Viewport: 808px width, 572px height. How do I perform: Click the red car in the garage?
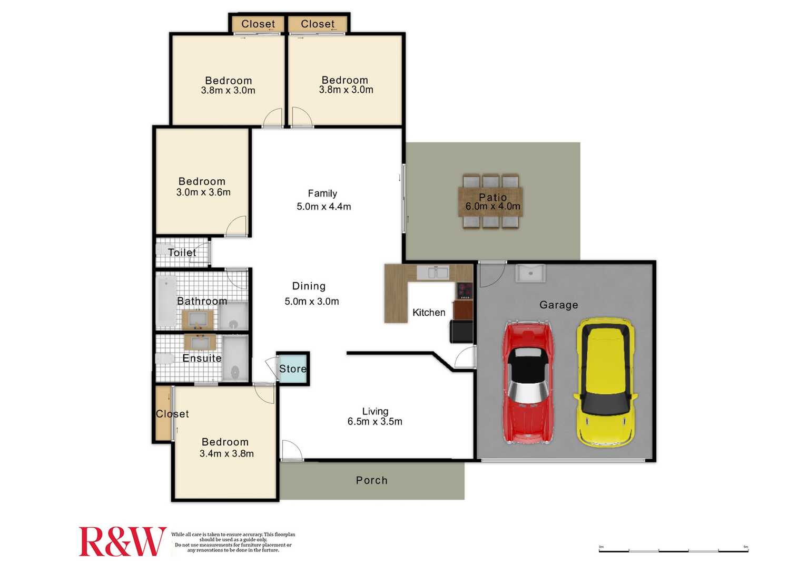(528, 382)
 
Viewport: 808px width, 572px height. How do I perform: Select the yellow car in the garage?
(605, 382)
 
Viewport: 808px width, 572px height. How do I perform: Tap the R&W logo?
(122, 541)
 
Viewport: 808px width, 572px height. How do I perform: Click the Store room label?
(293, 369)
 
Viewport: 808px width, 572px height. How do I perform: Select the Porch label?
(371, 480)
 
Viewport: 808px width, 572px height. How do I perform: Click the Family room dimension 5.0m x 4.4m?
(323, 207)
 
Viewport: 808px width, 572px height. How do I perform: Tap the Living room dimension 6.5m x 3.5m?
(375, 422)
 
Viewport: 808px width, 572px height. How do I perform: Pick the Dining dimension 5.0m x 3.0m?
(311, 302)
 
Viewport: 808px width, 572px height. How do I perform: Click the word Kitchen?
(429, 313)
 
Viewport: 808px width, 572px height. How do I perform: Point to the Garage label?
(558, 305)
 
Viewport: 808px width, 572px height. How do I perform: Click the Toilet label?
(182, 253)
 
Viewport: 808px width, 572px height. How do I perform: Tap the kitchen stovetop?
(465, 290)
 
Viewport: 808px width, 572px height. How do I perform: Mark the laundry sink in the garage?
(530, 273)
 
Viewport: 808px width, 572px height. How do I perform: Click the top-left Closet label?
(258, 24)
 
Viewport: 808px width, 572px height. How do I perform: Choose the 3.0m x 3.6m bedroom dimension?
(203, 192)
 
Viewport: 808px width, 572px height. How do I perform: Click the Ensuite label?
(202, 358)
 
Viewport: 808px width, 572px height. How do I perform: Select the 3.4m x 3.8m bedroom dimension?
(226, 454)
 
